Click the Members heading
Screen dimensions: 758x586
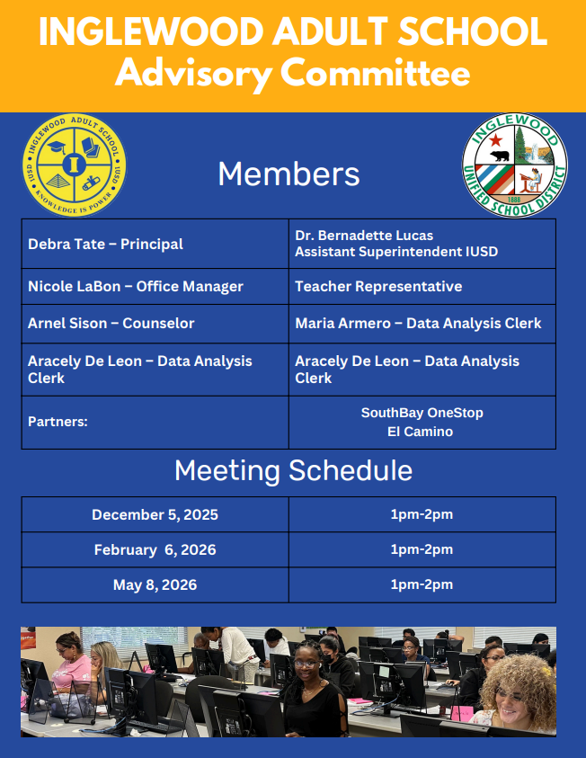(289, 174)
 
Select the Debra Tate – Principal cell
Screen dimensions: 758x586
(105, 244)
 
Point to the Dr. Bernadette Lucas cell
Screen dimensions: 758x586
(364, 236)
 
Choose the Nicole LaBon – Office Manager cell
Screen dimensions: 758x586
(136, 286)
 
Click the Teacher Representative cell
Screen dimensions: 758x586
(378, 286)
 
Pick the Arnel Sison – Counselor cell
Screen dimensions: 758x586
(111, 323)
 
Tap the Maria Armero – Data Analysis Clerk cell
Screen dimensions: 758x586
(418, 323)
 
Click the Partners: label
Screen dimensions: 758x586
(58, 421)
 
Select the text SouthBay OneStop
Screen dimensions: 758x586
(422, 413)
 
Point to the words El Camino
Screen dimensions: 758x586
(422, 432)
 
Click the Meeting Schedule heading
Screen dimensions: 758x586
(293, 470)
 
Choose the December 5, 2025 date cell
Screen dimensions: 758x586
(155, 514)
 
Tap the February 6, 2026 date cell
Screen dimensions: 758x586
(155, 549)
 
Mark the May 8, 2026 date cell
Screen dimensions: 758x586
(155, 584)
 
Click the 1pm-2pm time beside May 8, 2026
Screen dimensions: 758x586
(422, 584)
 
